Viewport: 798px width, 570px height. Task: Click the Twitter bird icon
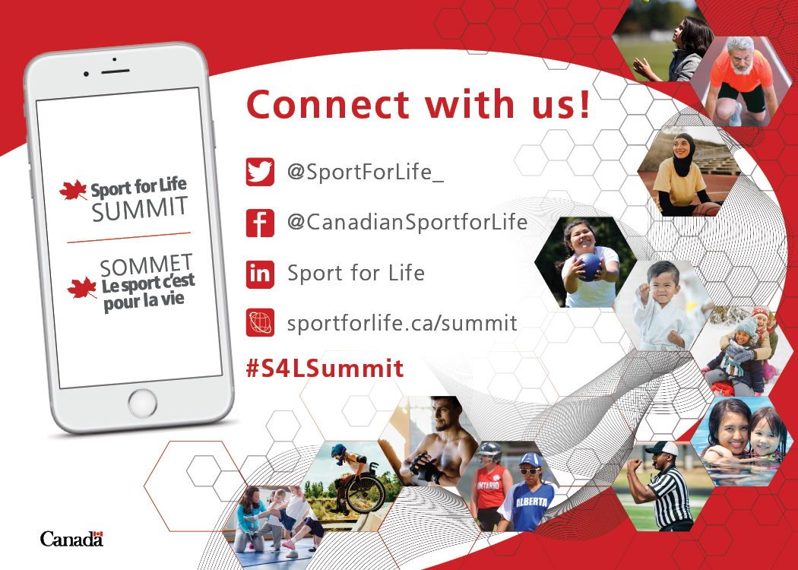(x=260, y=172)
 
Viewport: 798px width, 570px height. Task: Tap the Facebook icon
(x=260, y=223)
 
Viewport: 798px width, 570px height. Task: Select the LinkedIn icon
(x=260, y=274)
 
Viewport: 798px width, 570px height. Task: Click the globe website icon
(x=260, y=322)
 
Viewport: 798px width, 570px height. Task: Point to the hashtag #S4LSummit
(x=325, y=368)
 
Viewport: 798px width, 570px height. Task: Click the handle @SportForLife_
(x=366, y=172)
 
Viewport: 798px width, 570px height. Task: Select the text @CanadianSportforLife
(x=407, y=223)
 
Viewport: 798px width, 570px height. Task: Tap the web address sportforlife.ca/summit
(x=402, y=323)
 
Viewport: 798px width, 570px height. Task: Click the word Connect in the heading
(x=328, y=104)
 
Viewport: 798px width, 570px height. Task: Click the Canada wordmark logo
(x=71, y=538)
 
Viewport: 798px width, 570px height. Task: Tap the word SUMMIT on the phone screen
(x=140, y=209)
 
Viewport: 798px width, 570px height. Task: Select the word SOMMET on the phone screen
(x=146, y=265)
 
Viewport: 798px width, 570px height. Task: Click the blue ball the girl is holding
(x=589, y=267)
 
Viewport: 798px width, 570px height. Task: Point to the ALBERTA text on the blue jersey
(x=532, y=502)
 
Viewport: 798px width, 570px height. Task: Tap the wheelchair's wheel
(x=366, y=492)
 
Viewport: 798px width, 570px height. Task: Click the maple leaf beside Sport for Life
(x=73, y=190)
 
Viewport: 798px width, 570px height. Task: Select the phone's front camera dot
(x=87, y=74)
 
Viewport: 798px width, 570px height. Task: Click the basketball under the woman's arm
(x=706, y=209)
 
